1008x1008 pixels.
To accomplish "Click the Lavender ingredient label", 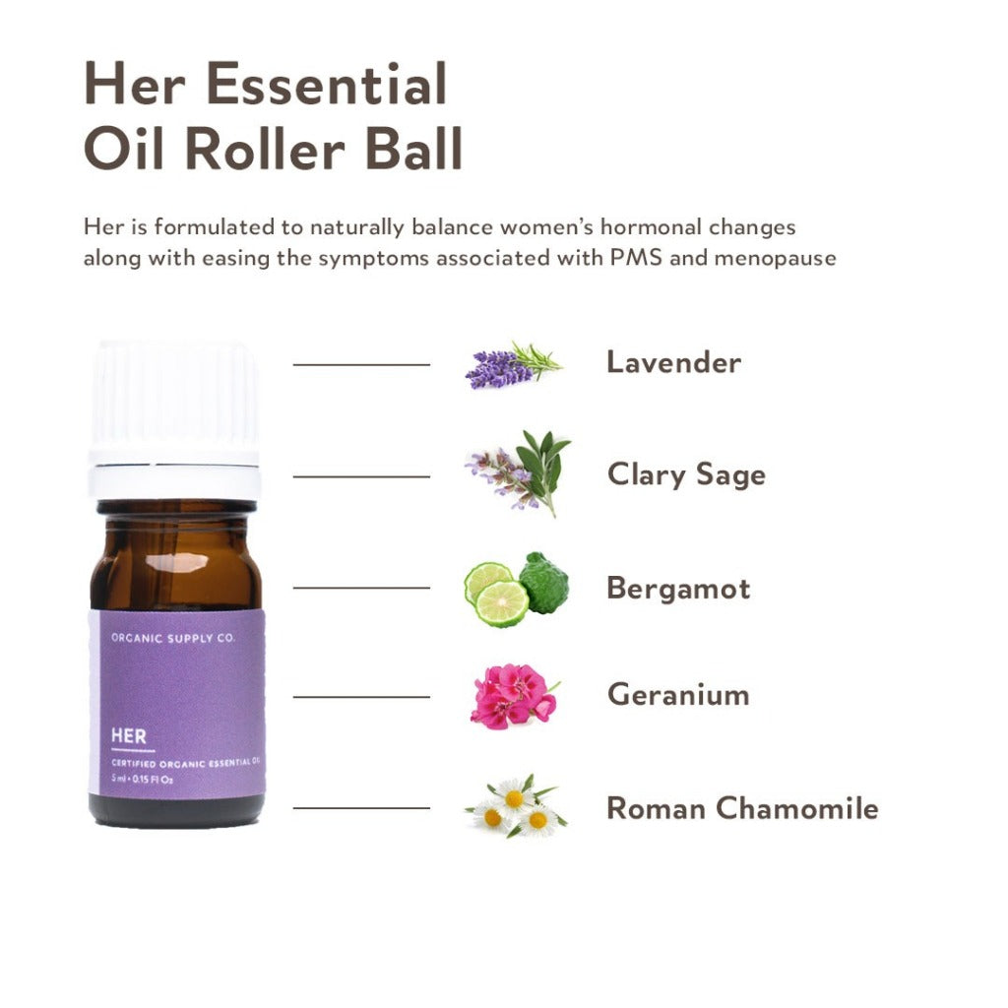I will pos(673,362).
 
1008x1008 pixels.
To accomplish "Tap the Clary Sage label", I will pos(686,474).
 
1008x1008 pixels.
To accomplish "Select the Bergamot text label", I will pos(678,589).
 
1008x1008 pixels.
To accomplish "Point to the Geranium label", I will pos(678,695).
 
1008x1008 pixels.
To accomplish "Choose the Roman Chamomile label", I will pos(742,808).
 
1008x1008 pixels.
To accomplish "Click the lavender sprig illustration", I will pos(512,364).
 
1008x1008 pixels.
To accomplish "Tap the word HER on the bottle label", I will pos(130,737).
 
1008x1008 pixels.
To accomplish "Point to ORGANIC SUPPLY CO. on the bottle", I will pos(173,638).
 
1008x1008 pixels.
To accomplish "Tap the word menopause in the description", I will pos(787,259).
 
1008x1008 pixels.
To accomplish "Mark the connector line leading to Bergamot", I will pos(361,589).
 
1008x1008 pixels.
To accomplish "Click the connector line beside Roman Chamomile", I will pos(361,808).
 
